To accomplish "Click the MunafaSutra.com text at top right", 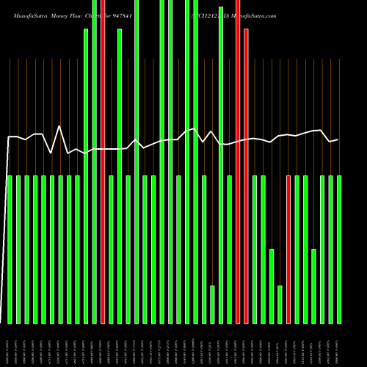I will point(253,15).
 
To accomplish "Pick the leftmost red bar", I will point(103,161).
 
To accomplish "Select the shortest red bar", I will point(288,250).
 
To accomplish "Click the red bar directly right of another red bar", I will point(246,176).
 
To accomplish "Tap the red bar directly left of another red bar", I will point(238,161).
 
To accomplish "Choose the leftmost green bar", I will point(10,250).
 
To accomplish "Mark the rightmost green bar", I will point(339,250).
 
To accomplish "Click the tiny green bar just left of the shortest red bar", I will point(280,304).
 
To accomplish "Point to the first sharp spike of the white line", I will point(59,127).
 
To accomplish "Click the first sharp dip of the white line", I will point(51,152).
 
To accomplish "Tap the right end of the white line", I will point(338,139).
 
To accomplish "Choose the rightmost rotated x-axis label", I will point(339,345).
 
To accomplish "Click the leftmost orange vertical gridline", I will point(10,117).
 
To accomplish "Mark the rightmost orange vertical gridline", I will point(339,117).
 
